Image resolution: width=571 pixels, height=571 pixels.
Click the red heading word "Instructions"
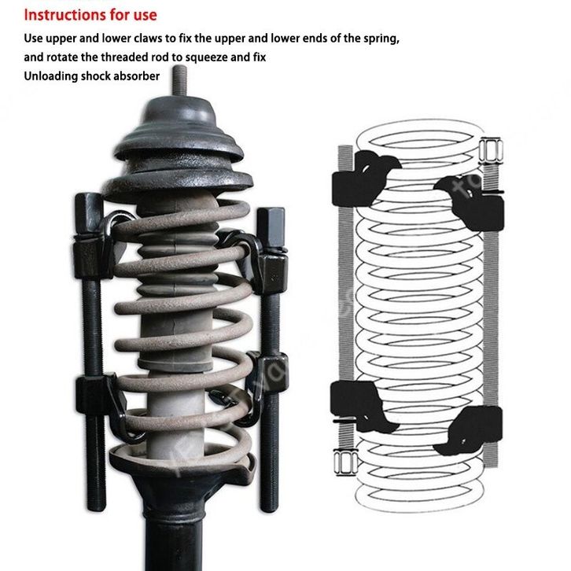[61, 15]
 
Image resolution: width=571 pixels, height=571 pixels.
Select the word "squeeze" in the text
[206, 57]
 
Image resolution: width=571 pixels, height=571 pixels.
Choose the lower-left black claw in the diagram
[360, 406]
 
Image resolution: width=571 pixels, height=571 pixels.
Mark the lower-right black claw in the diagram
[472, 430]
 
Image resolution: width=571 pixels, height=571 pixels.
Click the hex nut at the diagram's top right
[491, 150]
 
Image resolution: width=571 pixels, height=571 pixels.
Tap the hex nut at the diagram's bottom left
[345, 462]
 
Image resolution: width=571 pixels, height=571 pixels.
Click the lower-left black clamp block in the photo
[94, 395]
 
